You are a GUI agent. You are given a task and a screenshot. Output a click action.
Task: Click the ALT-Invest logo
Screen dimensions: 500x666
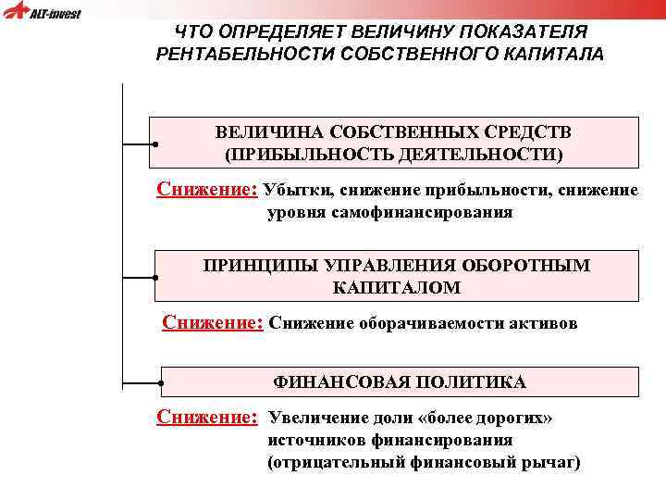(x=43, y=12)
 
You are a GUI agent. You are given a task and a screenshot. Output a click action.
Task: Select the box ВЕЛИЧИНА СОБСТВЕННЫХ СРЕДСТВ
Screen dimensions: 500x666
(x=394, y=142)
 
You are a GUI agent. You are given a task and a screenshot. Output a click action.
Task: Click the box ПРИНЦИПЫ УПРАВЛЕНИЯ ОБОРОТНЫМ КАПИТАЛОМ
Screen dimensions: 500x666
(x=396, y=276)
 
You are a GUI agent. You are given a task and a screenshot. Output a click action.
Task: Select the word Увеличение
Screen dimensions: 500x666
(x=316, y=418)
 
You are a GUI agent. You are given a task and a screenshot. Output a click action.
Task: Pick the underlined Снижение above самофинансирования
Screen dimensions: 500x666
(x=206, y=190)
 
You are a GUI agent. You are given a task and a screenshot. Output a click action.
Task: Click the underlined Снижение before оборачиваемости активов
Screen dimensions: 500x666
(x=213, y=322)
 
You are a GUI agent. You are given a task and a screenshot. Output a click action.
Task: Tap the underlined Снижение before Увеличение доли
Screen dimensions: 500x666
(x=206, y=417)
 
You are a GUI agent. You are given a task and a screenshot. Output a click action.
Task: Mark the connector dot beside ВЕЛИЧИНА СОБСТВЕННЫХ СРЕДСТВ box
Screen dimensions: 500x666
(x=154, y=145)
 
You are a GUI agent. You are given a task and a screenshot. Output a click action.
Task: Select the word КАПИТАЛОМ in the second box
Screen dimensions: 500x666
(x=396, y=288)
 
